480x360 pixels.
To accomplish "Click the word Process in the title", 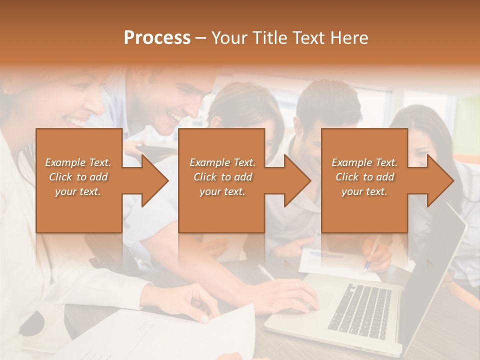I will [x=157, y=38].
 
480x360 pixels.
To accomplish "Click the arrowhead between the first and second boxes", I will [x=152, y=180].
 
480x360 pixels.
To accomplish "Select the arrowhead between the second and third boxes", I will [x=295, y=180].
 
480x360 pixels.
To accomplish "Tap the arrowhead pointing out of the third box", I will [x=438, y=180].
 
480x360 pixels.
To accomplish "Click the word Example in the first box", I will [x=65, y=162].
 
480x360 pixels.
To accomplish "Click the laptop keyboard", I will [x=360, y=308].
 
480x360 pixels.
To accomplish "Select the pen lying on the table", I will [x=266, y=272].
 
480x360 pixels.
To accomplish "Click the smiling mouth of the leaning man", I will [x=175, y=116].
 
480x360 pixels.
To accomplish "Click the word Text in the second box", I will [x=243, y=162].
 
